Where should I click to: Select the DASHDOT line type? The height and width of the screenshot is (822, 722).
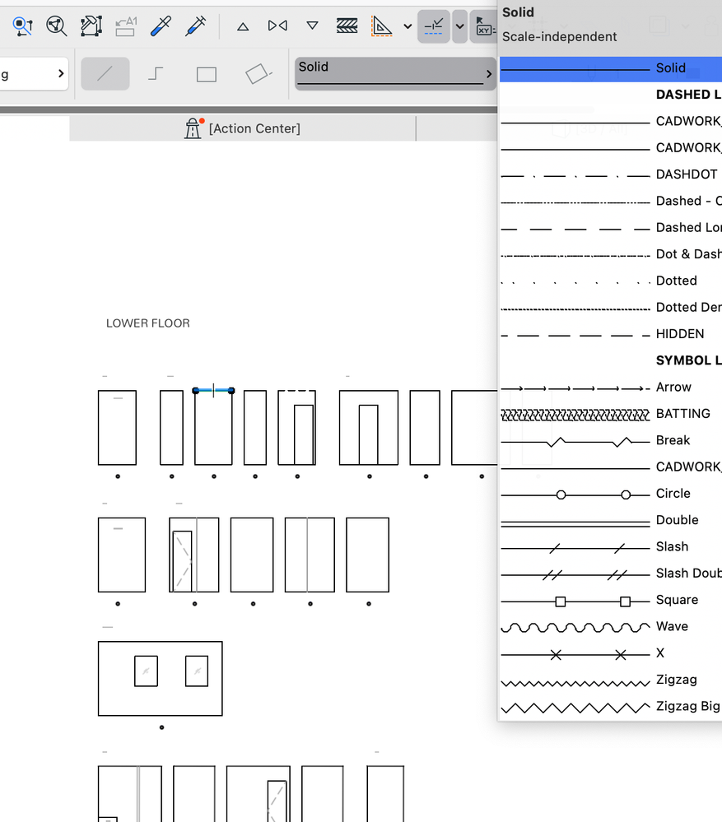click(x=609, y=174)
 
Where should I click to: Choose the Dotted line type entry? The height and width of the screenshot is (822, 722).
click(x=609, y=281)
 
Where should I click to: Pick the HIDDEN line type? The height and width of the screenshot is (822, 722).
click(x=609, y=334)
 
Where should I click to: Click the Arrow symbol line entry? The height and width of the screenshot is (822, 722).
click(x=609, y=388)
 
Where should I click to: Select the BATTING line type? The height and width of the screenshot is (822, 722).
click(x=609, y=414)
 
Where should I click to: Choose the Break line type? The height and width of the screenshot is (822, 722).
click(x=609, y=440)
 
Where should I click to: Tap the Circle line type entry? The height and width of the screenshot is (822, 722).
click(x=609, y=494)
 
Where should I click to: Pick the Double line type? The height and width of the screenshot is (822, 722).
click(x=609, y=520)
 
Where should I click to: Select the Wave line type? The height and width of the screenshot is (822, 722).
click(x=609, y=627)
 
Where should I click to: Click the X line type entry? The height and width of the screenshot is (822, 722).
click(x=609, y=653)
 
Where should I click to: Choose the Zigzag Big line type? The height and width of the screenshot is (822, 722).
click(x=609, y=707)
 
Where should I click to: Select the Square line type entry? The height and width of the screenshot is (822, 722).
click(x=609, y=600)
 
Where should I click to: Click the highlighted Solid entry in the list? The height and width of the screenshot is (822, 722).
click(x=609, y=68)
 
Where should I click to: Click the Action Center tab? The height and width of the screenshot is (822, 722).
click(x=243, y=128)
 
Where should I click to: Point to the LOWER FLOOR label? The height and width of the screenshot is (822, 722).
click(x=148, y=323)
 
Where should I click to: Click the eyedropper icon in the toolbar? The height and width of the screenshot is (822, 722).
click(x=161, y=26)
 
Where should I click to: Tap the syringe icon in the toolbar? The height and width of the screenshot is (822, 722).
click(x=196, y=26)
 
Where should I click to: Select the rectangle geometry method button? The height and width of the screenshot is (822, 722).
click(x=207, y=75)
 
